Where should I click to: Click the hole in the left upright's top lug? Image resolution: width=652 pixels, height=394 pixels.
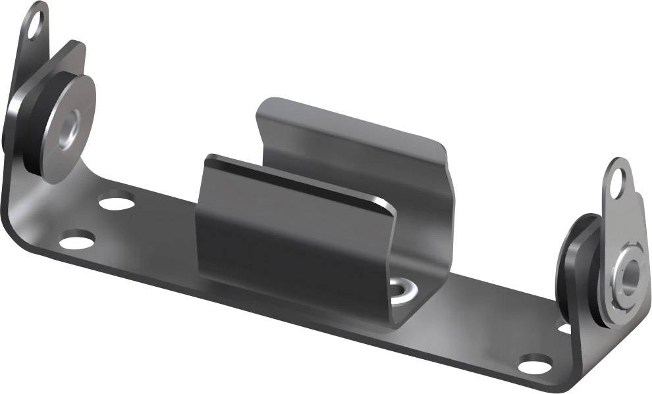point(36,24)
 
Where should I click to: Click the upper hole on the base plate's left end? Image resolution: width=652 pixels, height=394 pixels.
point(117,199)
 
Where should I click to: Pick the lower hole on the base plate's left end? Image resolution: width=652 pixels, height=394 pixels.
point(76,240)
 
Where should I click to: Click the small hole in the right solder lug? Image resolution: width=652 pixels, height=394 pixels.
point(617,183)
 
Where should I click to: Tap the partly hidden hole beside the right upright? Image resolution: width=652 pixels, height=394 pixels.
point(564,327)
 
